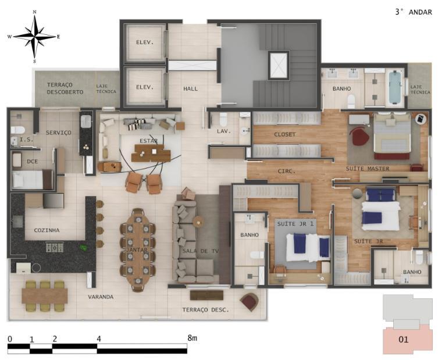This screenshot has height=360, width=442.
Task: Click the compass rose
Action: [34, 37]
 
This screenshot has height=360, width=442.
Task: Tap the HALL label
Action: [191, 89]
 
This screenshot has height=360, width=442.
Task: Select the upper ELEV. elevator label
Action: [145, 42]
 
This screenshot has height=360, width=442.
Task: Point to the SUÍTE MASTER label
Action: [368, 169]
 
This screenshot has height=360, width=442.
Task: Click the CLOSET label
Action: [285, 134]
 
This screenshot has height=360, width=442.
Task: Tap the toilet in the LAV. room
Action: [223, 120]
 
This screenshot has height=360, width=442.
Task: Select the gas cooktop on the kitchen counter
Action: [55, 247]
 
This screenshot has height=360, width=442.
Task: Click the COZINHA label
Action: [47, 230]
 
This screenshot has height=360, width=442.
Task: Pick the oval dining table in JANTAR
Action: [138, 249]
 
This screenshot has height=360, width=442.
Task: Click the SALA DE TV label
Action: [201, 251]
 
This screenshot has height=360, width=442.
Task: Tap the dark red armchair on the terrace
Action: [249, 302]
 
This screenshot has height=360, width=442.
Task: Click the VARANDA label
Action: [101, 297]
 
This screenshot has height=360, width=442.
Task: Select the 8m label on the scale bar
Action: [193, 338]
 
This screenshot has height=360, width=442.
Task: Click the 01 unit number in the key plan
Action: [404, 340]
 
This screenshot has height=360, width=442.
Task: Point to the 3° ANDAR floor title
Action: [414, 12]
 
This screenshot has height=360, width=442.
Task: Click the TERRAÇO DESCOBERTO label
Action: [65, 88]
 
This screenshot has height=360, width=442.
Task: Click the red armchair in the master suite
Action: [359, 136]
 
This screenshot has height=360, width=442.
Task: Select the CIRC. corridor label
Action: [286, 171]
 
